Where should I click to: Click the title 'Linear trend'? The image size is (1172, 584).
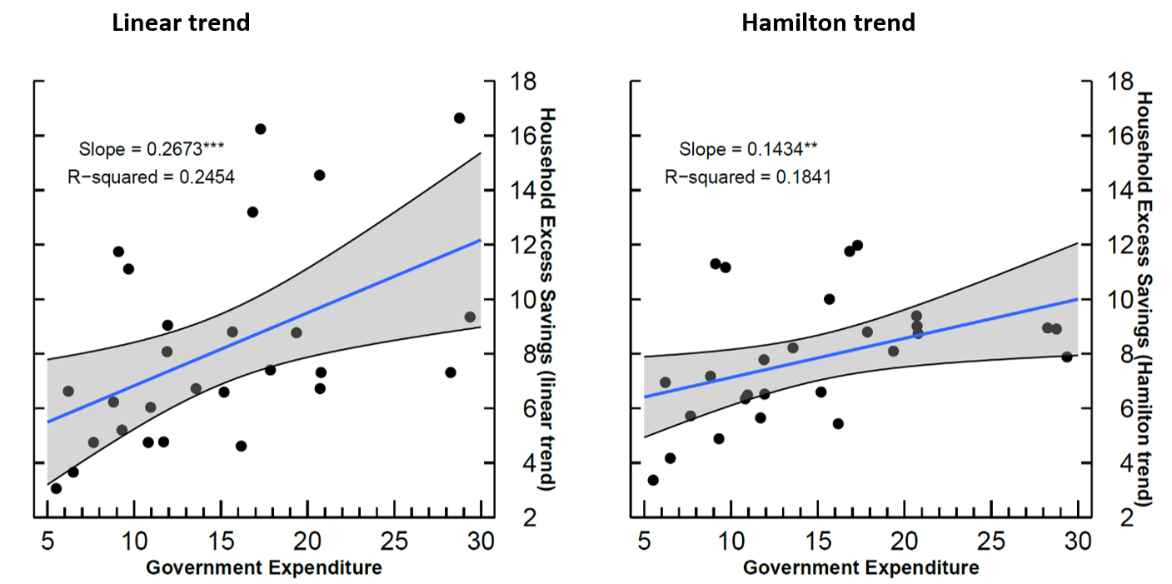[181, 22]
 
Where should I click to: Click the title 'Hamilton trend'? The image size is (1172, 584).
[828, 22]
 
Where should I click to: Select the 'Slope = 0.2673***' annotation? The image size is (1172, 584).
[152, 149]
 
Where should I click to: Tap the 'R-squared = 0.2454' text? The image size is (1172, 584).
[151, 177]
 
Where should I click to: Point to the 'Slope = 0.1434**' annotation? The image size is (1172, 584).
[749, 149]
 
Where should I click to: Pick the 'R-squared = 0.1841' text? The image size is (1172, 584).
[748, 177]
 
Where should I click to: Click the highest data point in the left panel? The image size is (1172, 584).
[459, 118]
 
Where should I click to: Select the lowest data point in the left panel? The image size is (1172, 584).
[56, 488]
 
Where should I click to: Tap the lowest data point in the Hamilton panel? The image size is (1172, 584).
[653, 480]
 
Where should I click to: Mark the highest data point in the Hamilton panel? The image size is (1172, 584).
[857, 245]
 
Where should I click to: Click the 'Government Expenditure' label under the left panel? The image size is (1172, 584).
[264, 568]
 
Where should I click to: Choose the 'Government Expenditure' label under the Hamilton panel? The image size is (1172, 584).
[860, 568]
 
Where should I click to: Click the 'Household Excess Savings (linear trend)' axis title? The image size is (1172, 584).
[546, 299]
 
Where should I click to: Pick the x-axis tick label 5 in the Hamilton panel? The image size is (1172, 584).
[644, 542]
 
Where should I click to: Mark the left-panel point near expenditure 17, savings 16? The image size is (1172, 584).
[260, 129]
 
